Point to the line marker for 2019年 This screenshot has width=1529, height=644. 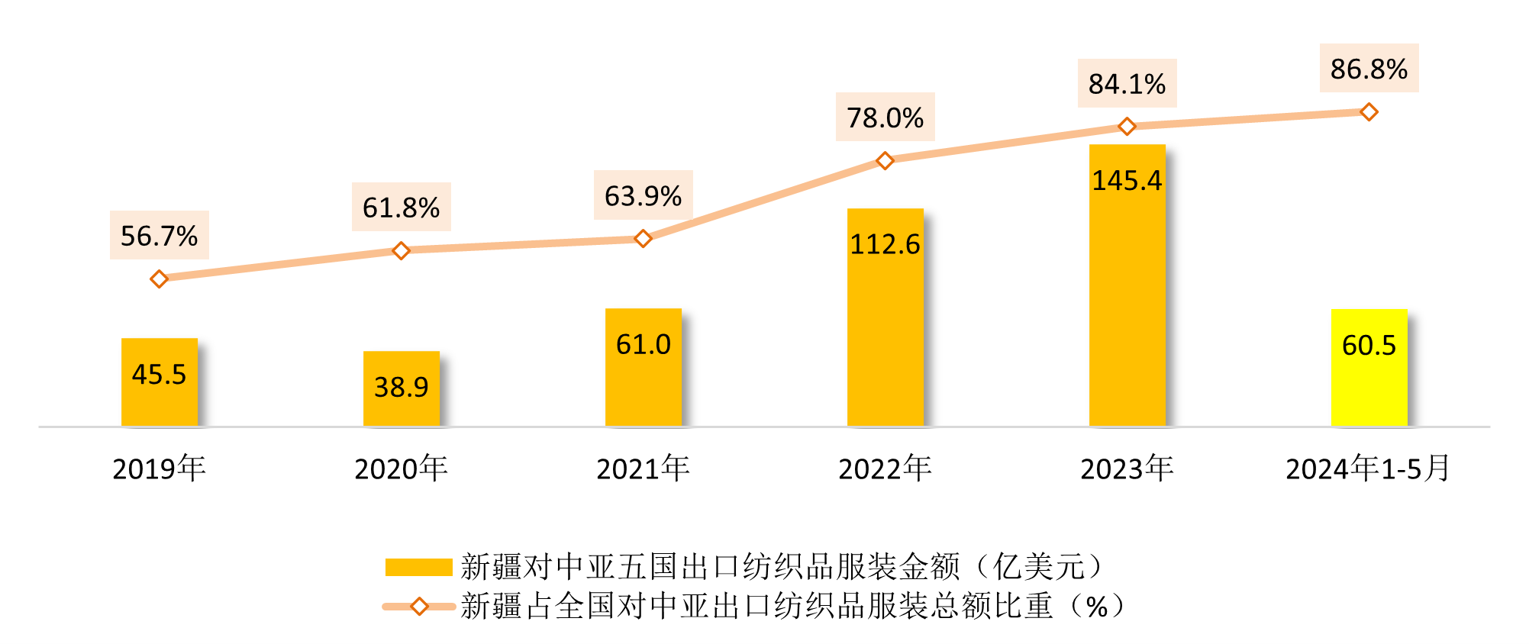pos(159,279)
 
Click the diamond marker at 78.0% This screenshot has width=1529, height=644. pos(885,160)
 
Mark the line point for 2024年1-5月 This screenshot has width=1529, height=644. pos(1369,112)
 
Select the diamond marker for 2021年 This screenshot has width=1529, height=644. pos(643,239)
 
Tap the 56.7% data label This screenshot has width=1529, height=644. pos(159,236)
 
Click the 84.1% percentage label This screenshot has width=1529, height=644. pos(1127,84)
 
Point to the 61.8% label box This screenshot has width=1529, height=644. pos(401,207)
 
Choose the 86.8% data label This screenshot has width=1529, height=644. pos(1369,69)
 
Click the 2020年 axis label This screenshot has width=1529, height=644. pos(401,469)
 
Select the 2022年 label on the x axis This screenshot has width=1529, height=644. pos(885,469)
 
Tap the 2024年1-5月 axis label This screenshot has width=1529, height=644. pos(1367,469)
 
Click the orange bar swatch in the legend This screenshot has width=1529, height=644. pos(419,567)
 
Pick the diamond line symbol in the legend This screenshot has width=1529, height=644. pos(419,607)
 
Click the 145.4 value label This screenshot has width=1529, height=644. pos(1127,181)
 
